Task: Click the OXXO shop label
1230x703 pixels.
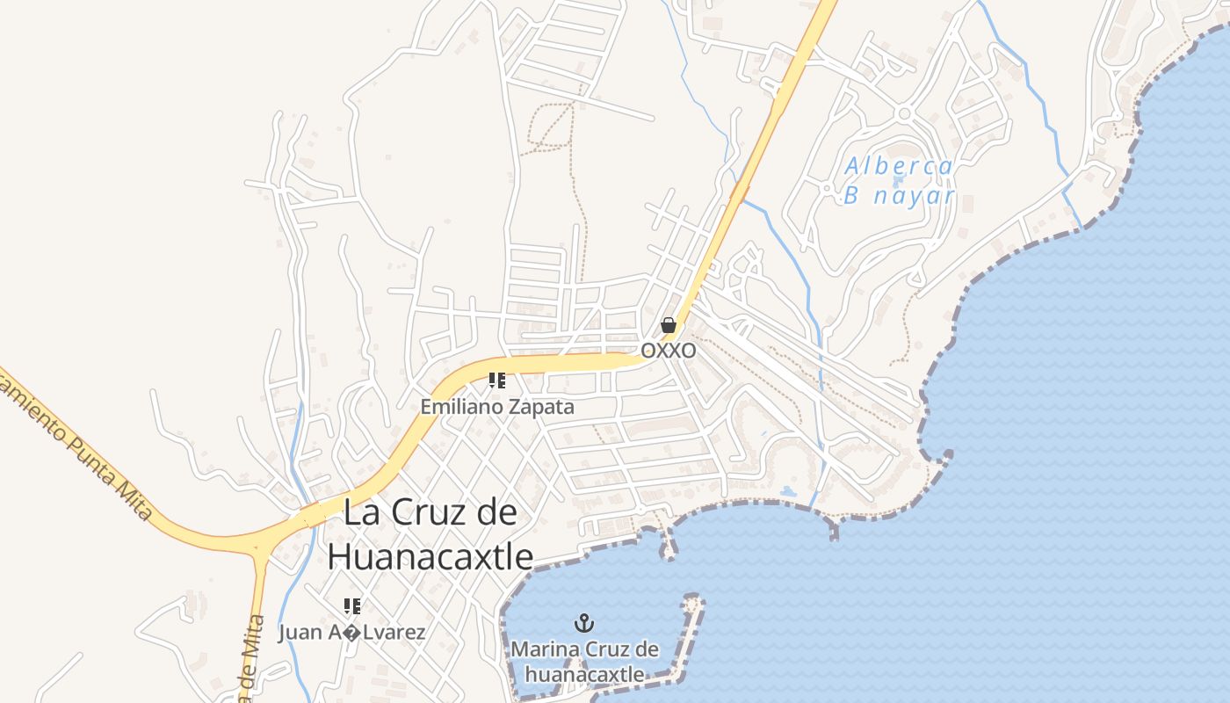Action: click(x=669, y=351)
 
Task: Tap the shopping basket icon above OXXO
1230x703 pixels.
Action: click(x=669, y=325)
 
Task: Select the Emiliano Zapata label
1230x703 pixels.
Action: click(x=497, y=407)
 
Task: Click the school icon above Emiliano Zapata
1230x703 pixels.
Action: click(x=497, y=380)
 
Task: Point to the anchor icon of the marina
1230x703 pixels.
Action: click(x=584, y=624)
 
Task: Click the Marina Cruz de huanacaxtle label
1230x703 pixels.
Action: click(x=584, y=662)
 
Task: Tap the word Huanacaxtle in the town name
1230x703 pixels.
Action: click(x=430, y=556)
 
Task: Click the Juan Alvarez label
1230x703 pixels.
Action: click(x=351, y=633)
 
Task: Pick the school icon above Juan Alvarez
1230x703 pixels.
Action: click(x=352, y=605)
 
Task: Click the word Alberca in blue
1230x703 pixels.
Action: click(x=899, y=166)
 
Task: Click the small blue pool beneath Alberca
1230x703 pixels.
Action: click(x=898, y=181)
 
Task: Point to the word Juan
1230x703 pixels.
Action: click(x=298, y=633)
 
